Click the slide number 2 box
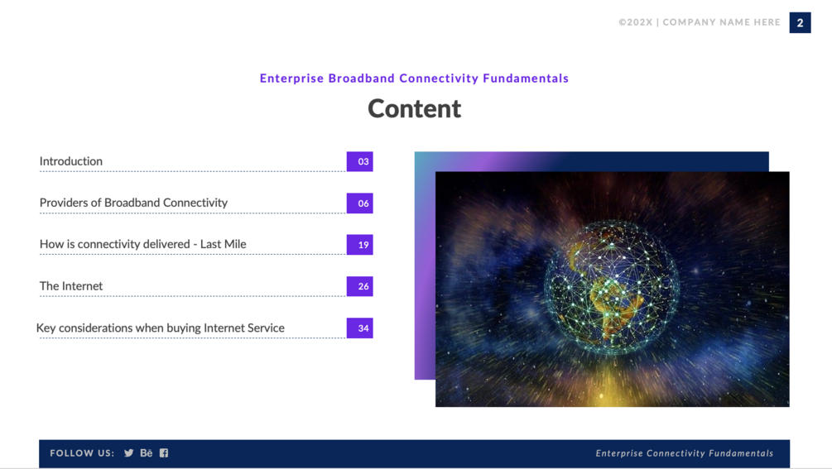click(x=800, y=23)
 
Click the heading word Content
click(x=415, y=108)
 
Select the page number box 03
click(x=360, y=161)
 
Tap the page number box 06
click(x=360, y=203)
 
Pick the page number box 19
click(x=360, y=245)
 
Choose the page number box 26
click(x=360, y=286)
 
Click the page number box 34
click(x=360, y=328)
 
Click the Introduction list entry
click(x=71, y=161)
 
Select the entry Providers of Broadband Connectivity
click(x=134, y=203)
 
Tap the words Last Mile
click(x=224, y=244)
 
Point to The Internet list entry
click(x=71, y=286)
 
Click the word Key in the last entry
click(x=46, y=328)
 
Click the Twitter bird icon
click(x=129, y=453)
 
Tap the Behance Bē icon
click(x=147, y=453)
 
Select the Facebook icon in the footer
click(x=164, y=453)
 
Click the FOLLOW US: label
click(x=82, y=453)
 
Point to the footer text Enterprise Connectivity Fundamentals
click(x=685, y=453)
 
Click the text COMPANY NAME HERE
click(x=722, y=22)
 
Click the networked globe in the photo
click(x=612, y=287)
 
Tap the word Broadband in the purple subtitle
click(x=361, y=79)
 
